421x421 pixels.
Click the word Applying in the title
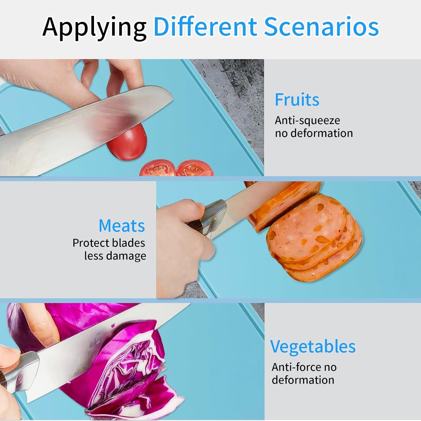click(x=94, y=28)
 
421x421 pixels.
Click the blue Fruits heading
click(x=297, y=100)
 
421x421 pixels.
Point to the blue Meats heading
click(x=122, y=226)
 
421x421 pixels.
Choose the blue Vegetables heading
click(x=313, y=347)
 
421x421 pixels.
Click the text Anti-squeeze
click(x=307, y=121)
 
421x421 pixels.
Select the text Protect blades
click(x=109, y=243)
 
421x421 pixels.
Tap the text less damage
click(x=115, y=256)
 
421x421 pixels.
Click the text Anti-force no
click(x=304, y=367)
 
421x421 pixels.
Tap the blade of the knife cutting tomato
click(x=84, y=126)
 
